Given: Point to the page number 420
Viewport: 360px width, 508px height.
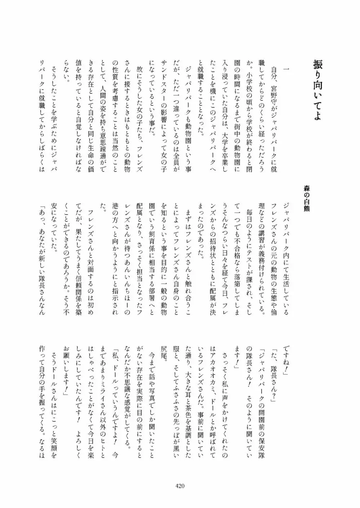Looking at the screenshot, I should pyautogui.click(x=180, y=486).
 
